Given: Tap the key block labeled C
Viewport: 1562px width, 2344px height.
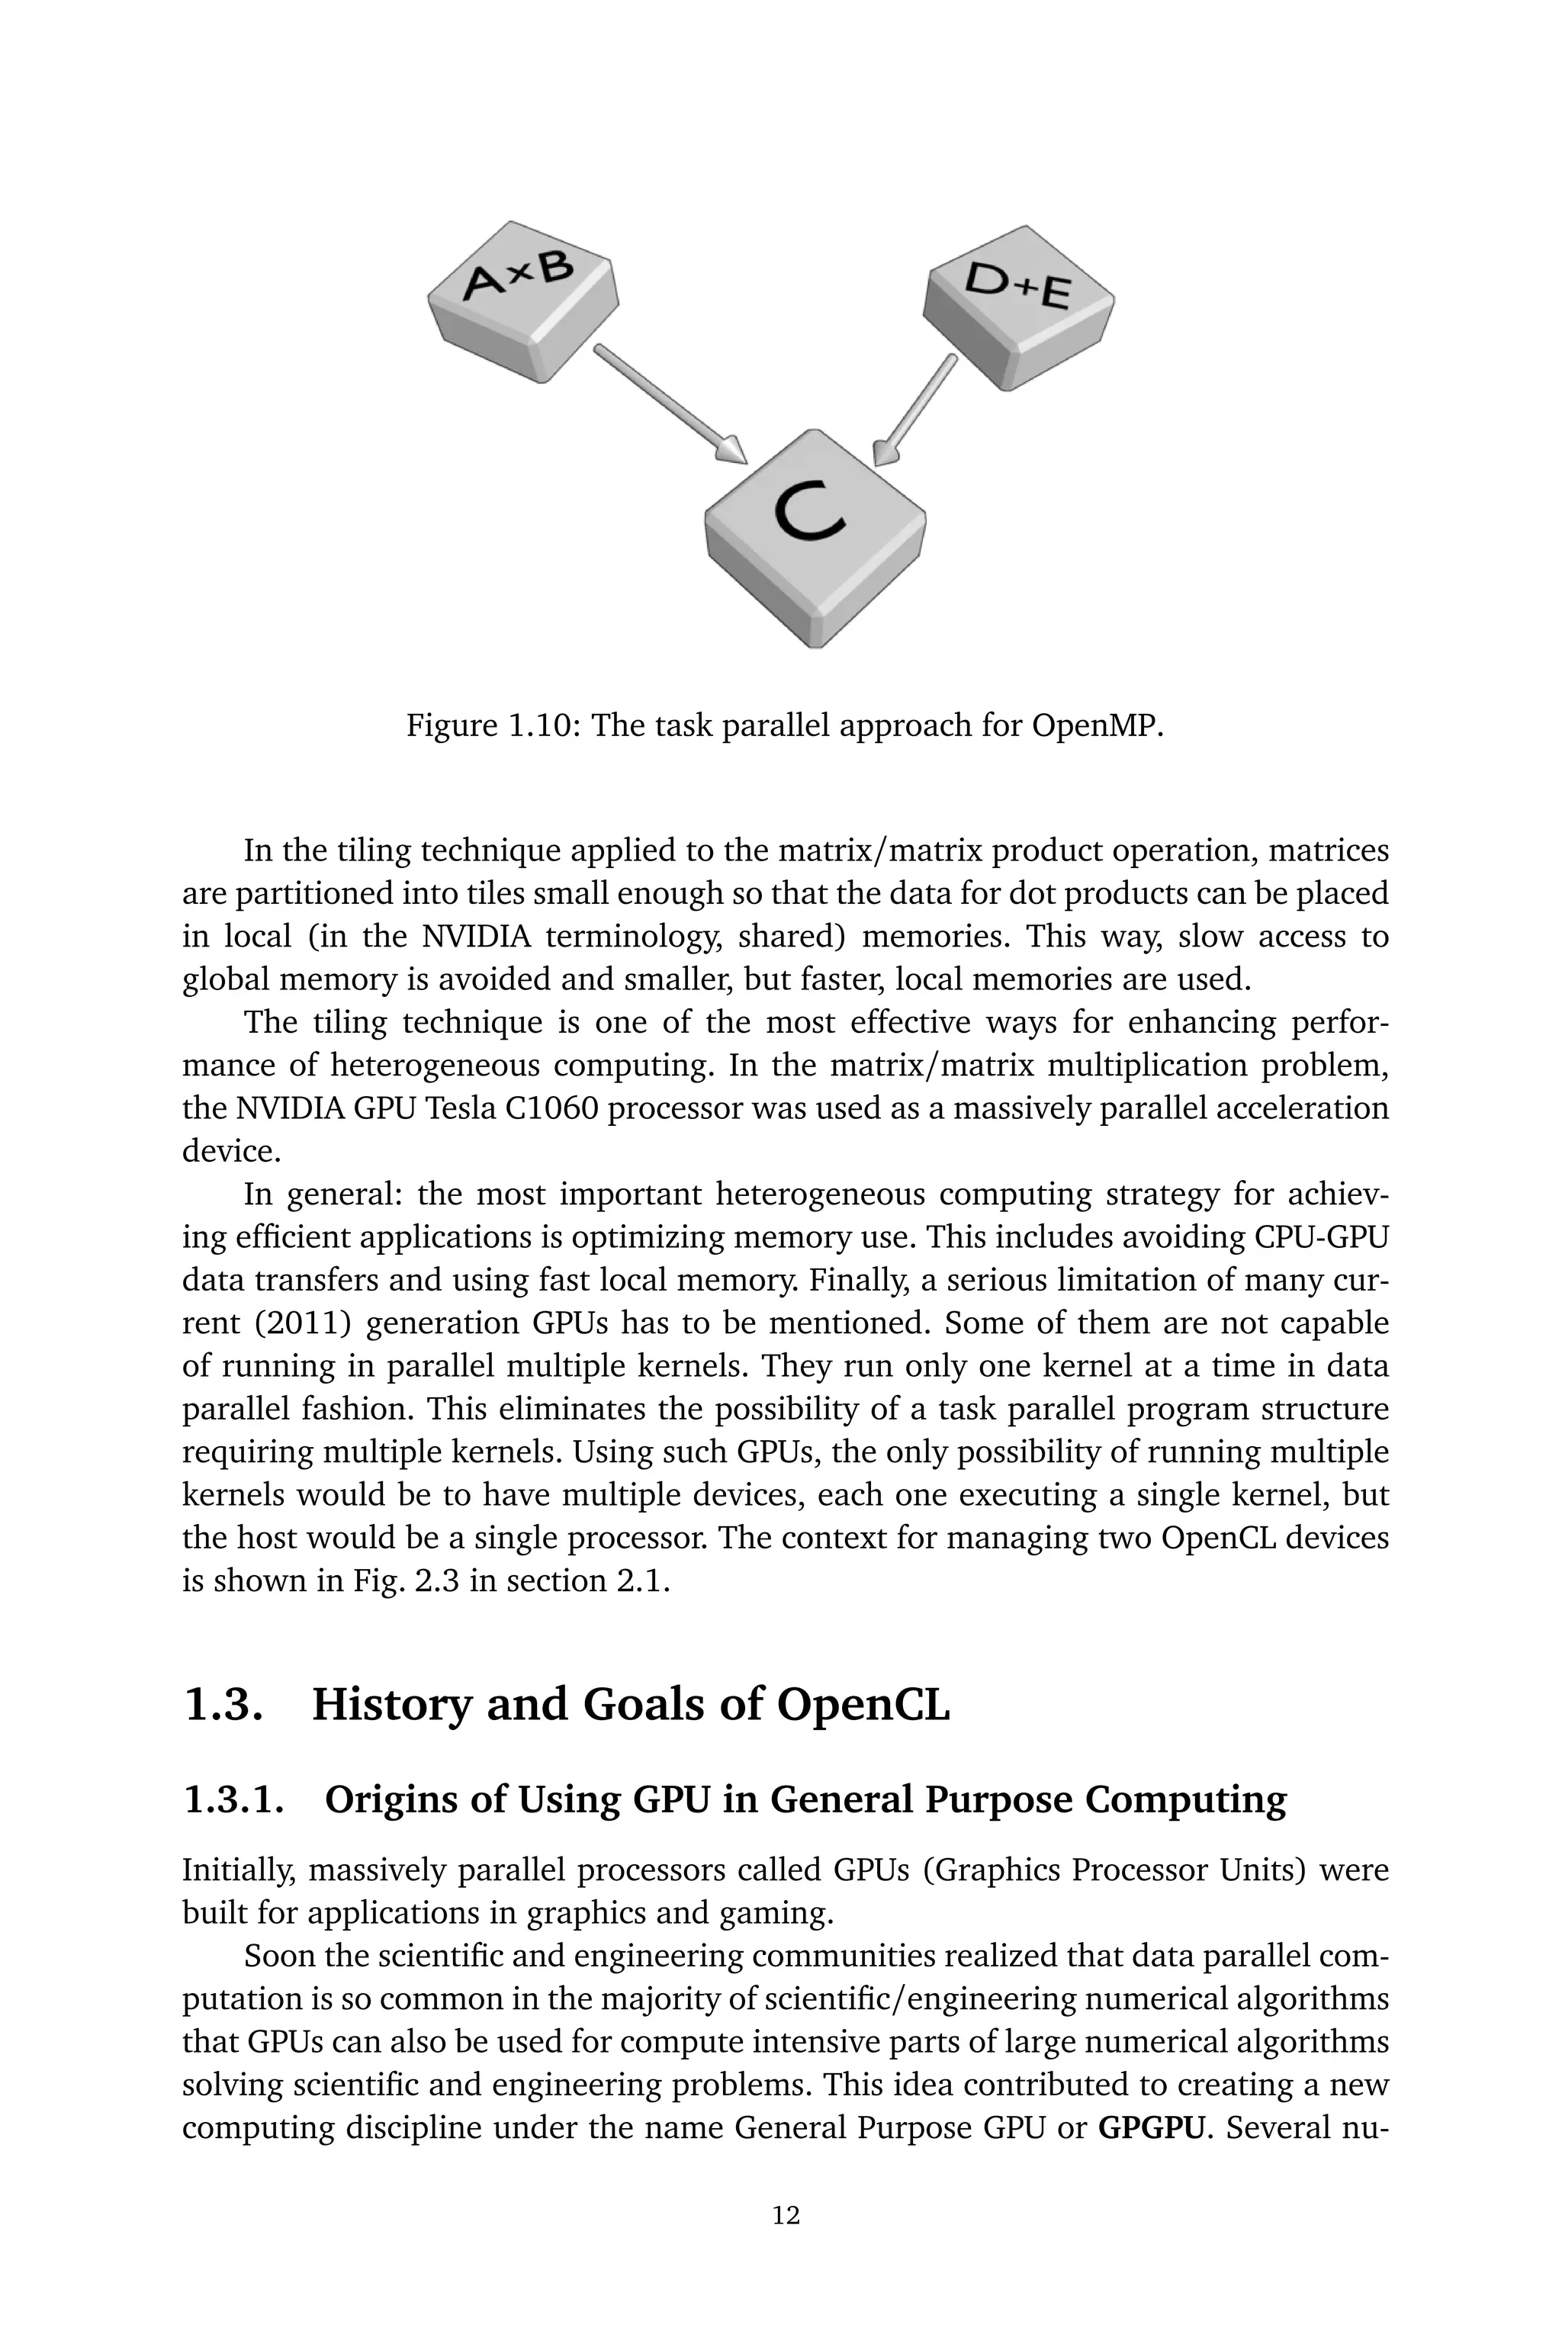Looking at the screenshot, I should (x=815, y=533).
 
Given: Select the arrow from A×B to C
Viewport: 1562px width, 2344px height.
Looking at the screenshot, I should (x=670, y=404).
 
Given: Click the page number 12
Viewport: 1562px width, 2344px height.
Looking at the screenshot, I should (x=786, y=2214).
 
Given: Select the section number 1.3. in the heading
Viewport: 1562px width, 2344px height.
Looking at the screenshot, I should (x=225, y=1705).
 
